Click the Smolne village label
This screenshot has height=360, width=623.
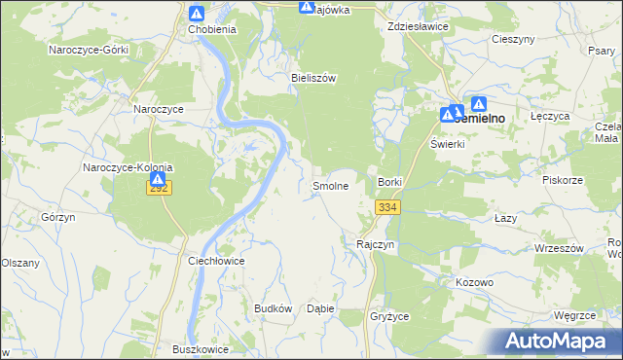[x=330, y=185]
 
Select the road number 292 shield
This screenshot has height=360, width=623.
[x=160, y=188]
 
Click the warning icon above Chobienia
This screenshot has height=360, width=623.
[x=197, y=14]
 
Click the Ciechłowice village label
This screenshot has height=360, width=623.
[x=215, y=262]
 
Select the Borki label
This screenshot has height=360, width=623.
[x=389, y=182]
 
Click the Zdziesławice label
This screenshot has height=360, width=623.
[x=418, y=26]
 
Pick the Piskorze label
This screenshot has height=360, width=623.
[x=563, y=179]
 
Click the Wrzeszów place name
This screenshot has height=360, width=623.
[x=559, y=248]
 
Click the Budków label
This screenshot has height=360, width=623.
[x=274, y=307]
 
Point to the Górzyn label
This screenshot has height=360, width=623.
[x=59, y=217]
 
